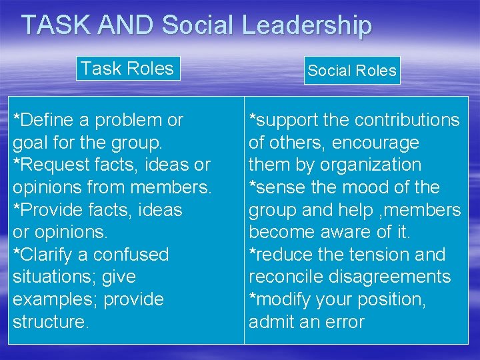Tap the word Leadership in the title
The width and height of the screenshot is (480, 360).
[306, 25]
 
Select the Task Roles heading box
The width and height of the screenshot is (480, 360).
[127, 69]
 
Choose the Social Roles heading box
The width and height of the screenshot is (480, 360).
[352, 71]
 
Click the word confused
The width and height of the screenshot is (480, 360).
[131, 255]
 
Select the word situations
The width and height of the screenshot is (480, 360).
[50, 277]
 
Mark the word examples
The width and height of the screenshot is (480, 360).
[51, 299]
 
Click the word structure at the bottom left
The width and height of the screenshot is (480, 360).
[50, 322]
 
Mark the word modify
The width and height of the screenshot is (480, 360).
[284, 299]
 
